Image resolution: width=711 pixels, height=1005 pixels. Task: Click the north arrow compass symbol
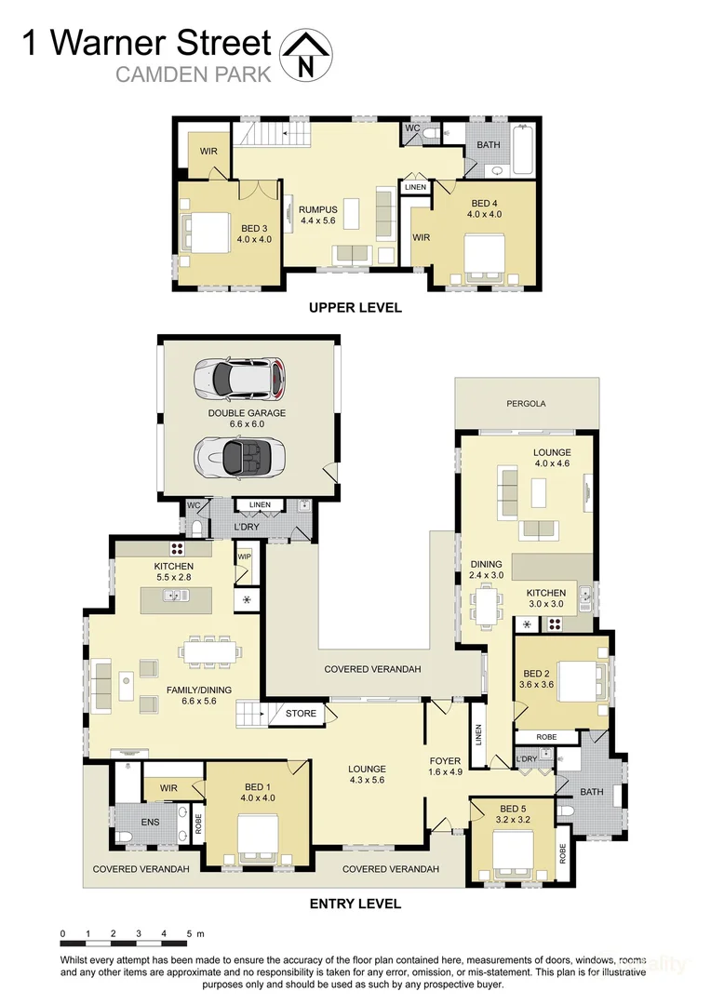[305, 54]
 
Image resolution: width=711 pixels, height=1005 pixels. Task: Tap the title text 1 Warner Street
[147, 43]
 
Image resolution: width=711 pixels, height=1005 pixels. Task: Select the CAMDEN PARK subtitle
[193, 74]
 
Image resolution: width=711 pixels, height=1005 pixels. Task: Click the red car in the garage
[239, 378]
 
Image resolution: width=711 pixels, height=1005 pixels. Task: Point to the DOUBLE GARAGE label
[247, 412]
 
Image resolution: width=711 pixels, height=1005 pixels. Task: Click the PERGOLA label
[526, 404]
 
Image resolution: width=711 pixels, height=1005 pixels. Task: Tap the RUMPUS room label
[317, 209]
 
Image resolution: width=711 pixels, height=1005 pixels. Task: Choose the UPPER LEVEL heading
[355, 308]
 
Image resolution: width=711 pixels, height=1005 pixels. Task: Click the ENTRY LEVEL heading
[355, 903]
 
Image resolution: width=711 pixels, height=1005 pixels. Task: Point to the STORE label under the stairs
[301, 714]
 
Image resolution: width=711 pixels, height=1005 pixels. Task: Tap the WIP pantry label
[245, 556]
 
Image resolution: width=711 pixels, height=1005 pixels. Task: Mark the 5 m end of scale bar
[189, 933]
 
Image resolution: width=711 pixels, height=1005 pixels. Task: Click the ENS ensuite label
[150, 822]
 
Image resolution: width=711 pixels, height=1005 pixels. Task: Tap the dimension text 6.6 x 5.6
[197, 702]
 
